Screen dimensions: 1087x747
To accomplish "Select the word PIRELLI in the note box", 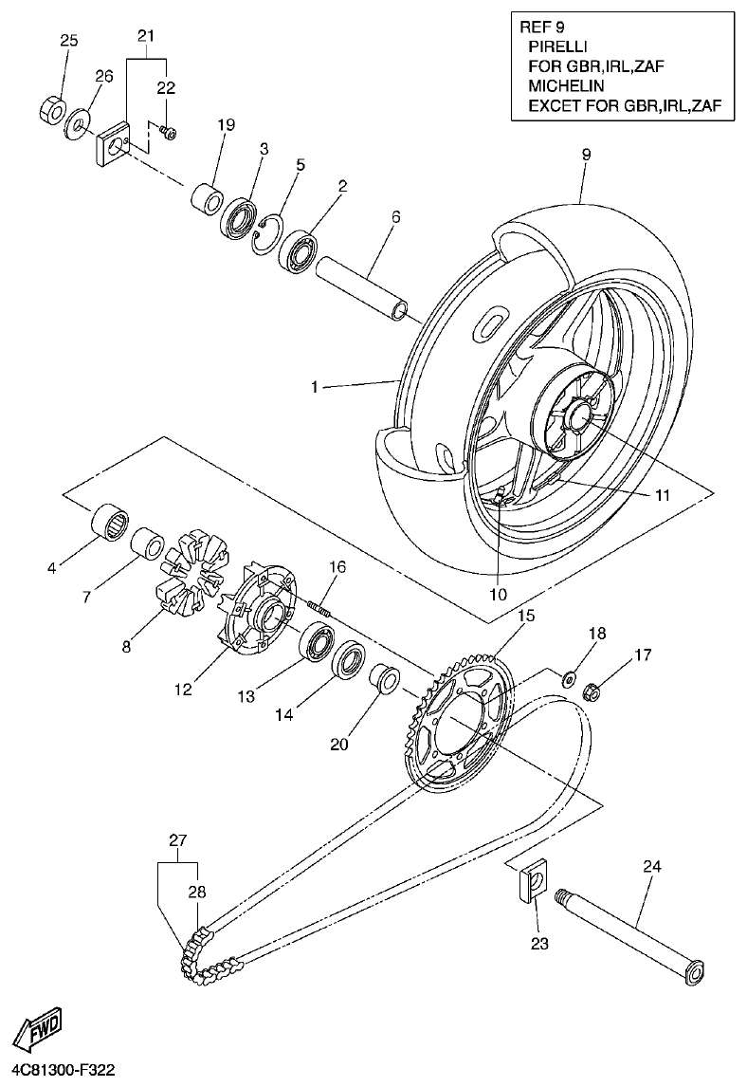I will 556,46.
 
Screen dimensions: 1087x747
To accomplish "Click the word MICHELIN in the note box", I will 561,85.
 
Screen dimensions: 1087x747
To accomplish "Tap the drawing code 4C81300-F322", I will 59,1071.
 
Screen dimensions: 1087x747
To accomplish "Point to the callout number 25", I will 69,41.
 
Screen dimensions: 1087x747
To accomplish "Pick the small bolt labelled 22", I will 168,134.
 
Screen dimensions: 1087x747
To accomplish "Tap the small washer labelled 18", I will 571,677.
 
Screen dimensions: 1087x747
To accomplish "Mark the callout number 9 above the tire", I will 586,154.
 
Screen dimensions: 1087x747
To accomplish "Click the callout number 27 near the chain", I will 178,840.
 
